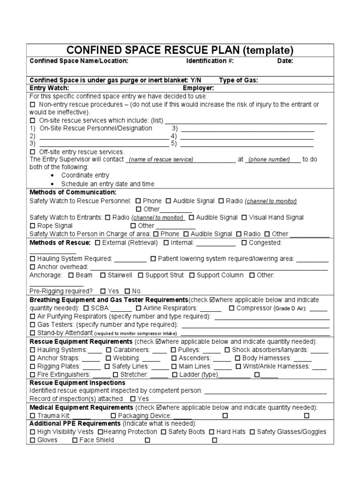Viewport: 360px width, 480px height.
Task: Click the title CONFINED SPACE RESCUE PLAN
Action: (180, 51)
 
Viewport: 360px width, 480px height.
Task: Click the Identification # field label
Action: (210, 61)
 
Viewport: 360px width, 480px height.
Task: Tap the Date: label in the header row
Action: (285, 61)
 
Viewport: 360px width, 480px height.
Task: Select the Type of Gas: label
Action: (239, 80)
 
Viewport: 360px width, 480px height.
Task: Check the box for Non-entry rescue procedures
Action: (32, 105)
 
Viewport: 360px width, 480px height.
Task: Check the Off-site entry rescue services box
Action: (32, 152)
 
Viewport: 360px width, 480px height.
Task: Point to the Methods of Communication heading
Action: (73, 192)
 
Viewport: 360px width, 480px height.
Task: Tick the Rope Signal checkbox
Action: (32, 226)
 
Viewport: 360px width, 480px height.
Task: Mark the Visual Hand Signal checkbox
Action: (244, 217)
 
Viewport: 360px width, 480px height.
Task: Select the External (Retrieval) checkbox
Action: (97, 243)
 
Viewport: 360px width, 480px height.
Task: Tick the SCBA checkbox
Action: (86, 308)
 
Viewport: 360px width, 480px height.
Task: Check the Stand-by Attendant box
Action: (32, 333)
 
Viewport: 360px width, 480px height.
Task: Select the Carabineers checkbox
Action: (109, 350)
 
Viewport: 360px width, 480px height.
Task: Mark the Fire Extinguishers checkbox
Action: (32, 375)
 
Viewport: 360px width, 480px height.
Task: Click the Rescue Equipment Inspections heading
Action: (77, 382)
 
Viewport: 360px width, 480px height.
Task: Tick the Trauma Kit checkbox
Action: (32, 416)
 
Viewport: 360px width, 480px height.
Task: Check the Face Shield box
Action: (75, 440)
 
